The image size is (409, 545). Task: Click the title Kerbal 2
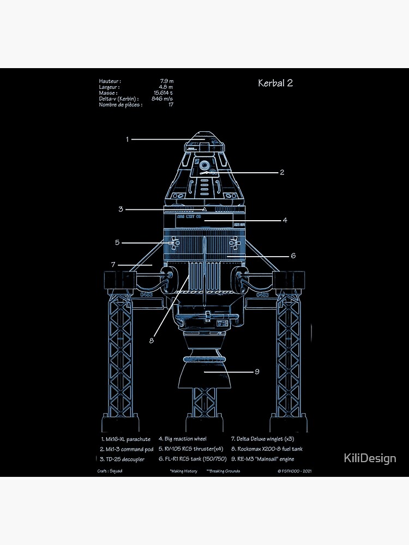[275, 83]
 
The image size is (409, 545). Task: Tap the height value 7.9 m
[166, 81]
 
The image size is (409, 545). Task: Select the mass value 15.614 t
[164, 93]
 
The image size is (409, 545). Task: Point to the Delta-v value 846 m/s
[163, 99]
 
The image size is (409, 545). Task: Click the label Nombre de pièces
[121, 105]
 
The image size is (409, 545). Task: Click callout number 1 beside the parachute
[127, 140]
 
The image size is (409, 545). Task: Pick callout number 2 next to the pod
[282, 173]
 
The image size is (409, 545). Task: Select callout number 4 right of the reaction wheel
[285, 221]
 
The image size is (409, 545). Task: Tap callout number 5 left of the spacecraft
[117, 243]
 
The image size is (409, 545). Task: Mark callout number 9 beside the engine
[256, 372]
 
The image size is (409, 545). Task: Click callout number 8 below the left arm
[152, 341]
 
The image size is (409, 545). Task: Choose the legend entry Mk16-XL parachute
[126, 438]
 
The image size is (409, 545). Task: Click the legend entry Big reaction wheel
[183, 438]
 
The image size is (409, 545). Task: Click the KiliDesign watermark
[370, 458]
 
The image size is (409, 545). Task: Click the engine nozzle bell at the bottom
[204, 375]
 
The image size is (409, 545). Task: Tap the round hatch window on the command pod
[204, 165]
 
